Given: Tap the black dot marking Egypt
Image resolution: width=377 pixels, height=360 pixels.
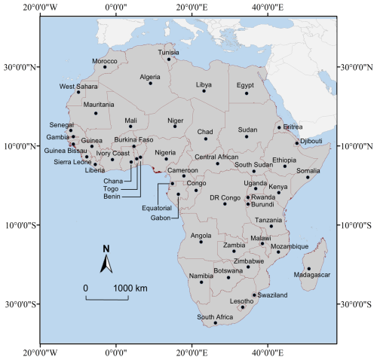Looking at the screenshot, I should click(x=247, y=93).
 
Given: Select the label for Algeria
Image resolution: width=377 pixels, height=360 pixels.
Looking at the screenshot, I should click(x=150, y=77).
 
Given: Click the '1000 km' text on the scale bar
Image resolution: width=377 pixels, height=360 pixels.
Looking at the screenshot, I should click(x=131, y=288).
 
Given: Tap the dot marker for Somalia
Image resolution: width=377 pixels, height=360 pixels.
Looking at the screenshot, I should click(x=308, y=178).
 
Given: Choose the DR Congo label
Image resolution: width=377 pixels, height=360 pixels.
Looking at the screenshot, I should click(x=224, y=197).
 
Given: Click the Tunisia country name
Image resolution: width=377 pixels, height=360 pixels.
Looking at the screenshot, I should click(x=169, y=53).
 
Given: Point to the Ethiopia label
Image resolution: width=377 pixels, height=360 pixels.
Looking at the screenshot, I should click(x=284, y=160).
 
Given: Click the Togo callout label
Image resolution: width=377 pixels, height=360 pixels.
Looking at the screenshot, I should click(x=110, y=189).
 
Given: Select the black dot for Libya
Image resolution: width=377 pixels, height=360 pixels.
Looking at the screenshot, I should click(x=204, y=91).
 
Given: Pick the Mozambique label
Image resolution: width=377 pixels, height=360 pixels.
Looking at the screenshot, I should click(x=290, y=246).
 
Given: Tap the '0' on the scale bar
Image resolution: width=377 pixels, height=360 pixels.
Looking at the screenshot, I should click(x=85, y=288).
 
